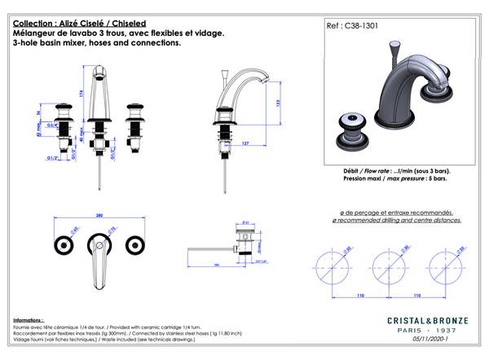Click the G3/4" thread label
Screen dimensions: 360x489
click(51, 125)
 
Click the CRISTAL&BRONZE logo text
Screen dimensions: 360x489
click(416, 322)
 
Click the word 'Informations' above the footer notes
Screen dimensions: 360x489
click(29, 320)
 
